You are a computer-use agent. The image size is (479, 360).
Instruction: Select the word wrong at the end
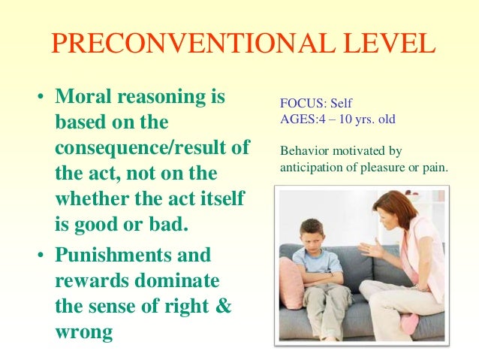coord(83,332)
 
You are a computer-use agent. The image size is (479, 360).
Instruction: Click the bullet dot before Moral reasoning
coord(42,98)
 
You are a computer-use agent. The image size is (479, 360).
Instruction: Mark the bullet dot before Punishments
coord(42,256)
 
